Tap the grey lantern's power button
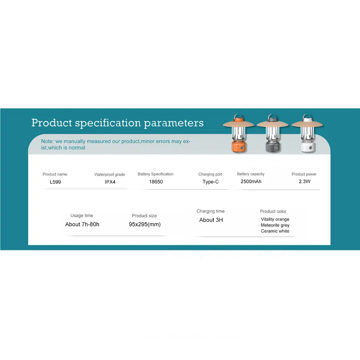pyautogui.click(x=276, y=148)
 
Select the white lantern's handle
pyautogui.click(x=307, y=117)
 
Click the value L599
pyautogui.click(x=55, y=182)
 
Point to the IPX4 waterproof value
pyautogui.click(x=110, y=182)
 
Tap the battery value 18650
pyautogui.click(x=156, y=181)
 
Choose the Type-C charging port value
pyautogui.click(x=211, y=182)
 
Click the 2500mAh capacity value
pyautogui.click(x=251, y=181)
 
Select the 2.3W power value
pyautogui.click(x=305, y=181)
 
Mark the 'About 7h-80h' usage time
pyautogui.click(x=82, y=224)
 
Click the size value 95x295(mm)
pyautogui.click(x=145, y=224)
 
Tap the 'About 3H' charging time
pyautogui.click(x=211, y=220)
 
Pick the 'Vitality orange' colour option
pyautogui.click(x=275, y=219)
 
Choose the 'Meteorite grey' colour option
pyautogui.click(x=275, y=225)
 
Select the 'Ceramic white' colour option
pyautogui.click(x=275, y=231)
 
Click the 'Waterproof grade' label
pyautogui.click(x=109, y=175)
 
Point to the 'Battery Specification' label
pyautogui.click(x=156, y=174)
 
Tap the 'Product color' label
pyautogui.click(x=273, y=211)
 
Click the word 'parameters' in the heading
pyautogui.click(x=174, y=123)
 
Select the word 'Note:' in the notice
pyautogui.click(x=47, y=141)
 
